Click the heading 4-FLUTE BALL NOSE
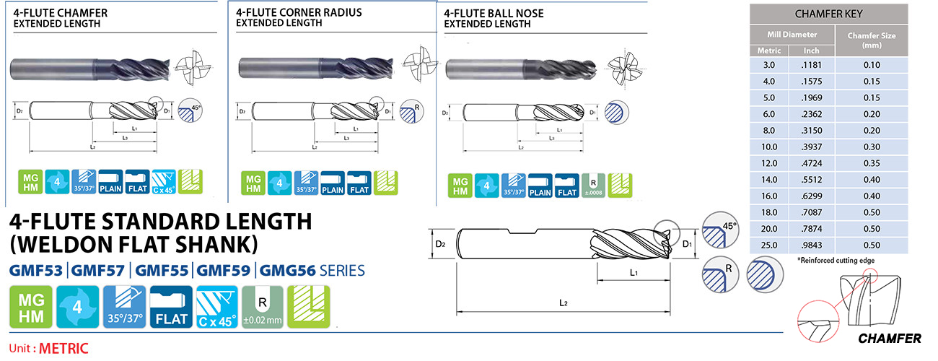point(494,13)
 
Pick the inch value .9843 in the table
point(811,245)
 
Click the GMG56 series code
point(281,271)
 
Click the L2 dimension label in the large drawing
point(564,303)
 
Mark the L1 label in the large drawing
point(634,272)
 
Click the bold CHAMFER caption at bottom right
point(890,339)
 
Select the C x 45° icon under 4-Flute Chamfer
point(164,183)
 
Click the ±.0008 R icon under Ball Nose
point(592,185)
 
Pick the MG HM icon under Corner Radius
point(251,183)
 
